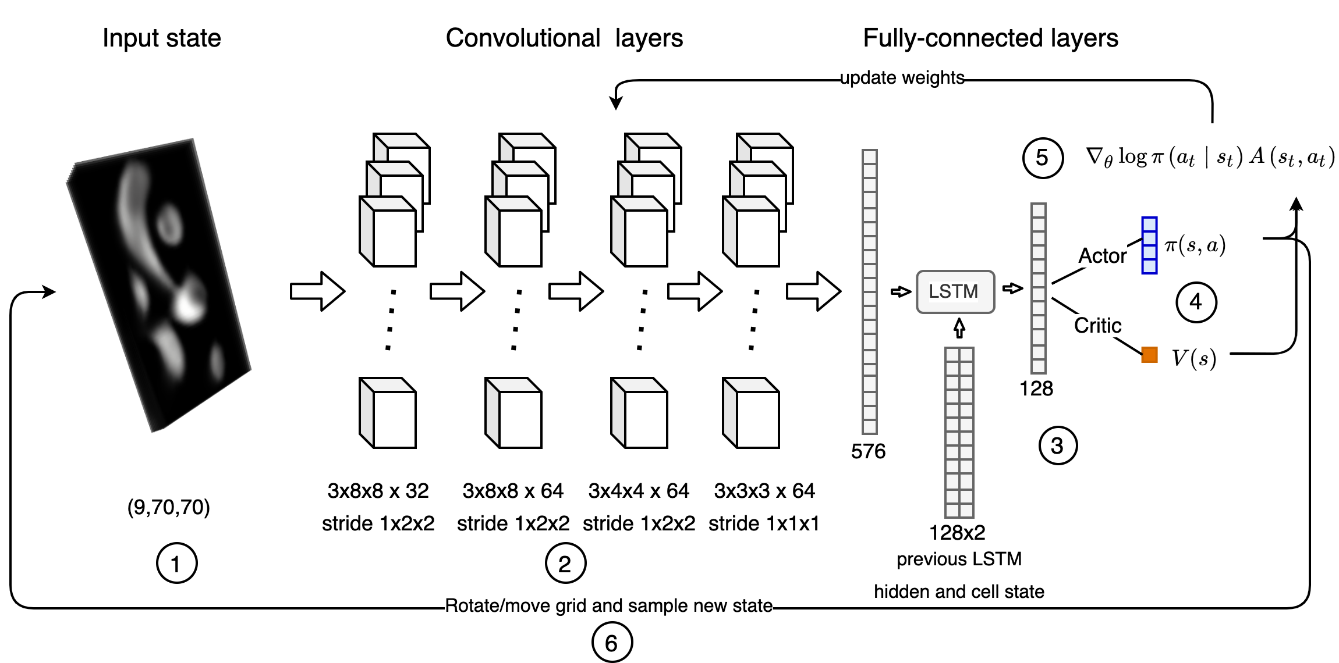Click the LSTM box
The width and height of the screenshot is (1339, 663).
[955, 292]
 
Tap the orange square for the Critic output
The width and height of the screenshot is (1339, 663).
[1149, 354]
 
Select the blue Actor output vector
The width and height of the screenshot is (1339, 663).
[1149, 245]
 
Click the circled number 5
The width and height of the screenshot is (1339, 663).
[1043, 158]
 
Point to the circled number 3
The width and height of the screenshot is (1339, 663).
[1058, 446]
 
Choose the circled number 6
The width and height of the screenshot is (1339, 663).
[611, 643]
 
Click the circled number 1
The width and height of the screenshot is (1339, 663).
[176, 563]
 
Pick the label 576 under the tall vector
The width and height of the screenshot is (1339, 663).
[868, 451]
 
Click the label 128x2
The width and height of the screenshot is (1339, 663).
[957, 532]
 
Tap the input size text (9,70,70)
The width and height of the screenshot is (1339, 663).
[168, 507]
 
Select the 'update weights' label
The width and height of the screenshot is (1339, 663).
[902, 78]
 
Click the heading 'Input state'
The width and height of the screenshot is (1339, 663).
[162, 38]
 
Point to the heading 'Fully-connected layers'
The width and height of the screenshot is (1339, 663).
[990, 38]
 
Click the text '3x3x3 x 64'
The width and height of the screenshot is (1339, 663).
[764, 491]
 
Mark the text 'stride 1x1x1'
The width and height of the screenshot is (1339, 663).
[764, 523]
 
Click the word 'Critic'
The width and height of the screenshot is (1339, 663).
[1097, 326]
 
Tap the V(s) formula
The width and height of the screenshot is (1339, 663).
[1193, 358]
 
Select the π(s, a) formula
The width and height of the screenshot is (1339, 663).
[1195, 245]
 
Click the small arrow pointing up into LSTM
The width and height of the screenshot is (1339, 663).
[959, 327]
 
